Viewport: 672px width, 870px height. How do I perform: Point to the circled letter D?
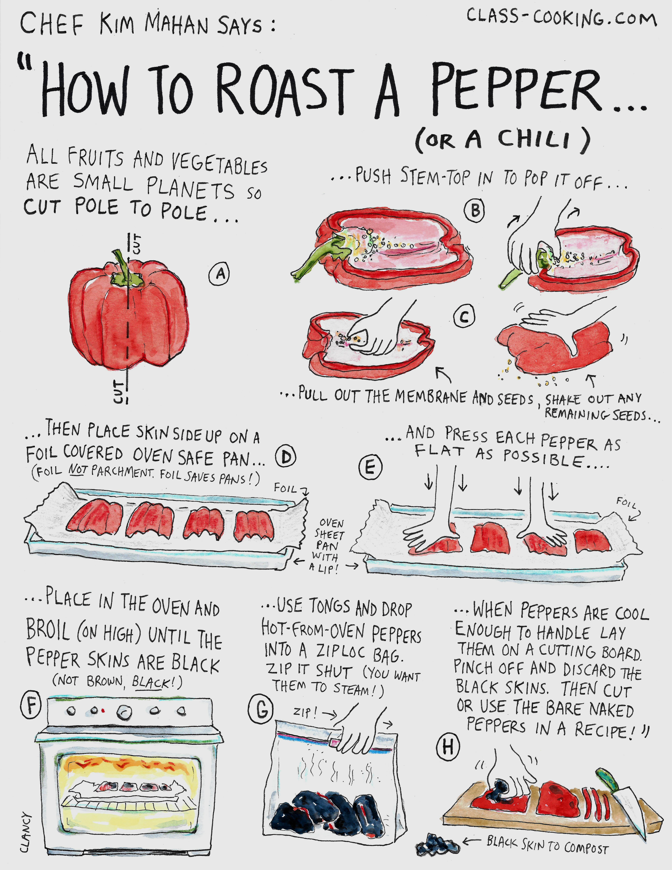285,458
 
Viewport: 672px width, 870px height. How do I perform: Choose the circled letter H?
448,746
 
